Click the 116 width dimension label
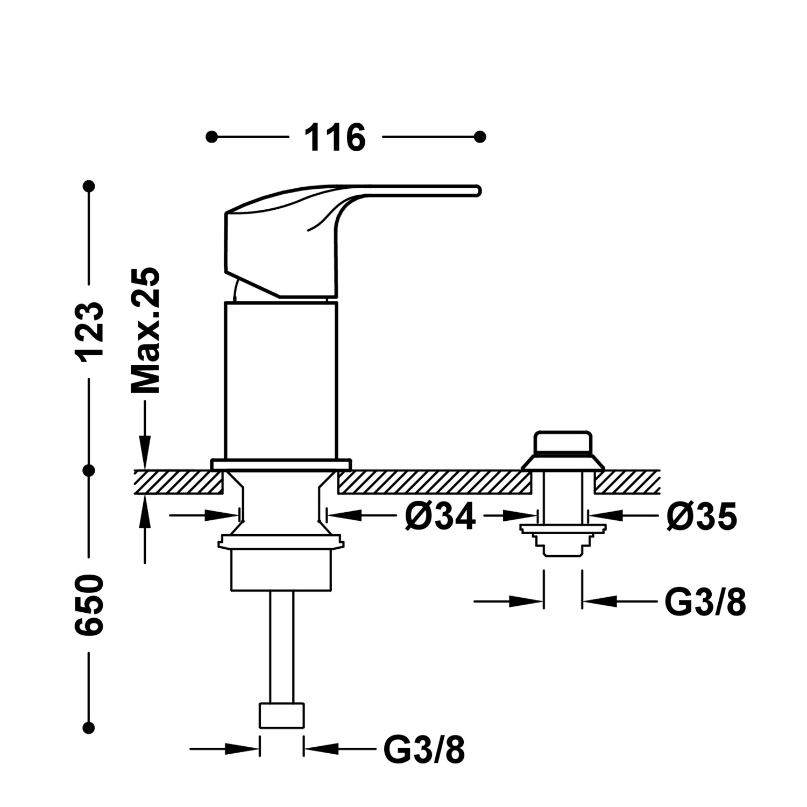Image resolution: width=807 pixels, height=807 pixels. (335, 138)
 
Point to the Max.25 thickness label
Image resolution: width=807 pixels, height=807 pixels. (146, 330)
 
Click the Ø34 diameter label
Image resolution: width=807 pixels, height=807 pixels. (441, 517)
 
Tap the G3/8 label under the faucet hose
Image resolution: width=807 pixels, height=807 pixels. (424, 749)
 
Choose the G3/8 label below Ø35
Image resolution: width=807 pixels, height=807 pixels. (705, 603)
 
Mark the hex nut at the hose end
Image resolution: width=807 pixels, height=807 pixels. (281, 715)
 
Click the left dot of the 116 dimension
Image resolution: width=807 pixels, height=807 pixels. (212, 137)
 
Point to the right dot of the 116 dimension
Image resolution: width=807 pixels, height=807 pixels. (480, 137)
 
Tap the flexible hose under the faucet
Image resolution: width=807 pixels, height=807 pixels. (281, 646)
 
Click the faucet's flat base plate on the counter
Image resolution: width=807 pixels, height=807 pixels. (281, 464)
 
